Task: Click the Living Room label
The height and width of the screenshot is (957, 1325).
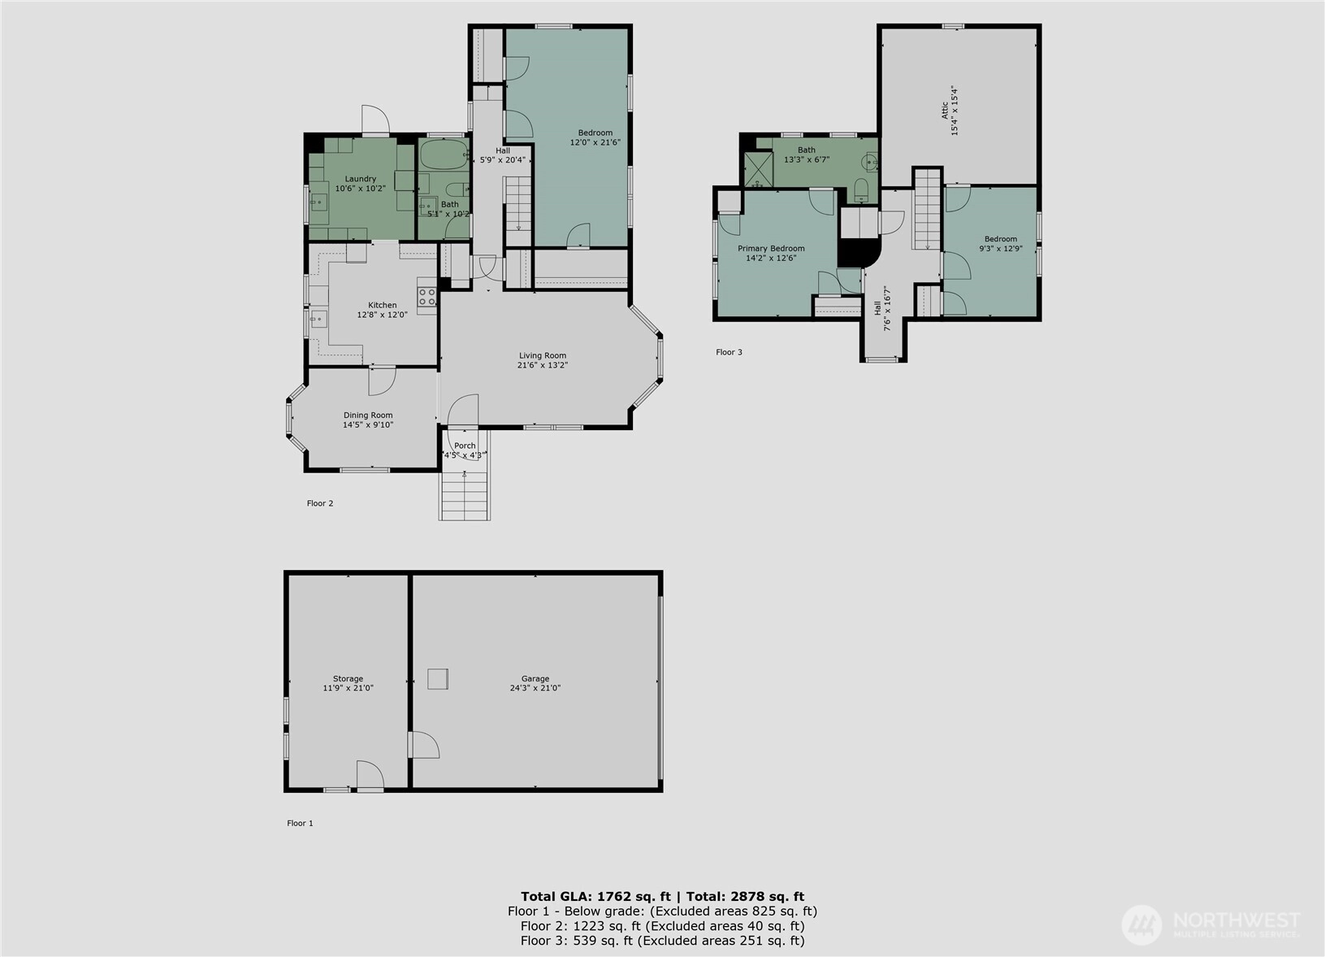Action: point(543,355)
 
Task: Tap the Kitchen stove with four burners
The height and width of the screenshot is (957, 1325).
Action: point(427,297)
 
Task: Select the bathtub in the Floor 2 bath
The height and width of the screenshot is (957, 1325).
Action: point(444,155)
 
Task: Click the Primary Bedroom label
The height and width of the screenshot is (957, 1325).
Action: point(771,249)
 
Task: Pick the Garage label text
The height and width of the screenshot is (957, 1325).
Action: point(535,679)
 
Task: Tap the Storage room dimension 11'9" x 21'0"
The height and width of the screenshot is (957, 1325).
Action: point(348,688)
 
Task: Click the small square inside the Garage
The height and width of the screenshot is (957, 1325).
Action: point(438,679)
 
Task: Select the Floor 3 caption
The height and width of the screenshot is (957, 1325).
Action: point(729,352)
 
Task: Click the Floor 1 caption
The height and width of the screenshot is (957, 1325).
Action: point(300,823)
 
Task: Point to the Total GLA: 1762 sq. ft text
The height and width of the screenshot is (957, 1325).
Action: point(595,897)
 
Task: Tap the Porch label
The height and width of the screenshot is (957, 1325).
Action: point(465,446)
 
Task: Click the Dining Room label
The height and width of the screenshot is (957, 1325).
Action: point(368,415)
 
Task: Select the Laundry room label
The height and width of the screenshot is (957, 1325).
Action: point(360,179)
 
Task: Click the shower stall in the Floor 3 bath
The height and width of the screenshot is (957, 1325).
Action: point(758,169)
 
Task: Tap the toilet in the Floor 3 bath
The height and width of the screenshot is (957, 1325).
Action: point(861,189)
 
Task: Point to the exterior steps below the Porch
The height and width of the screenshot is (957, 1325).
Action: point(465,495)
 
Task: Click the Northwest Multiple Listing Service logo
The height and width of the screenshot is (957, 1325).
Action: point(1210,924)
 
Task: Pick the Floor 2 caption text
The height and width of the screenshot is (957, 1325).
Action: point(320,503)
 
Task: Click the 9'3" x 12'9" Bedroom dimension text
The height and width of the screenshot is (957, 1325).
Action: point(1001,249)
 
